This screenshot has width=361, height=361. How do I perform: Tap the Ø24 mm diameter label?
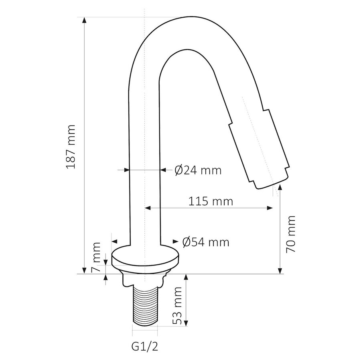[x=198, y=170]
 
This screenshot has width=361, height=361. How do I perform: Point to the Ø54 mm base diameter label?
[x=205, y=242]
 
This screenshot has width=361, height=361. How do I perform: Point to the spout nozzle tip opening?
[x=271, y=185]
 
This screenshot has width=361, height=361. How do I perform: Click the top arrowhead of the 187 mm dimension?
[x=84, y=20]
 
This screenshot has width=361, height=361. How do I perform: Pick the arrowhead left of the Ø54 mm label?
[x=175, y=241]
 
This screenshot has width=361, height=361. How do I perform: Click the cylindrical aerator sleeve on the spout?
[x=259, y=148]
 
